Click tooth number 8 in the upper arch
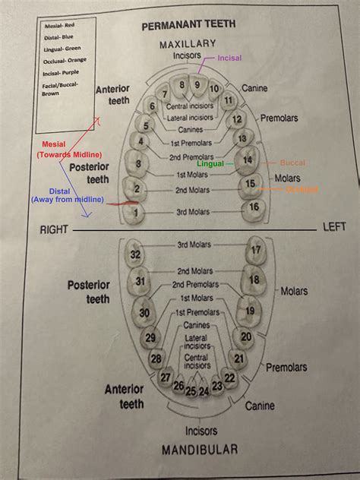[x=182, y=84]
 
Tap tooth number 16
[x=254, y=207]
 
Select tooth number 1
[x=135, y=213]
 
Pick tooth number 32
[x=136, y=254]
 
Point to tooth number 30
[x=144, y=312]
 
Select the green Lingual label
[x=210, y=163]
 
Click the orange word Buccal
[x=292, y=163]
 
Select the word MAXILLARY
[x=188, y=45]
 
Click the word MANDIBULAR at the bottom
[x=200, y=450]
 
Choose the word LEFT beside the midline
[x=334, y=226]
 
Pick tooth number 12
[x=238, y=118]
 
